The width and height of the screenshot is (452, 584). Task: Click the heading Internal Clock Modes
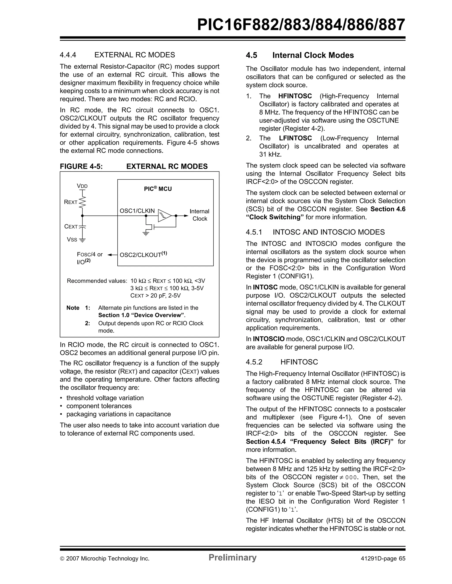click(x=313, y=55)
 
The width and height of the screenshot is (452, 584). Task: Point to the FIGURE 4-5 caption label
click(x=81, y=166)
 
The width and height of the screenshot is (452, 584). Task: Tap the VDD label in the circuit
click(x=82, y=186)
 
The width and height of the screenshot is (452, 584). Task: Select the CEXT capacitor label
click(x=71, y=227)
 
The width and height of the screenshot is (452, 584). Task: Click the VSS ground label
click(x=72, y=240)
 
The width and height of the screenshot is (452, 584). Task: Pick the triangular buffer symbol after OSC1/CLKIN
click(x=164, y=216)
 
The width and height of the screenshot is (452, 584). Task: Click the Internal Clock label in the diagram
click(x=200, y=215)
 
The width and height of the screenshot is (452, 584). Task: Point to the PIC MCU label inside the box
click(x=158, y=189)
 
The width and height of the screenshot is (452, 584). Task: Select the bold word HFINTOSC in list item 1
click(x=295, y=96)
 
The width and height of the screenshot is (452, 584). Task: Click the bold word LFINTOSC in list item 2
click(x=295, y=138)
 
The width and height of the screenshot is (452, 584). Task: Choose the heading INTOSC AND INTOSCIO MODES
click(x=328, y=232)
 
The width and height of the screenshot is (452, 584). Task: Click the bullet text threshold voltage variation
click(x=105, y=398)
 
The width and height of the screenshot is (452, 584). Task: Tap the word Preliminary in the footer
click(x=232, y=557)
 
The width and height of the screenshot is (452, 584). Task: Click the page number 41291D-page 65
click(x=383, y=559)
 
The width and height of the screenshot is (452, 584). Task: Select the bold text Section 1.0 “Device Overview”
click(x=141, y=315)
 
